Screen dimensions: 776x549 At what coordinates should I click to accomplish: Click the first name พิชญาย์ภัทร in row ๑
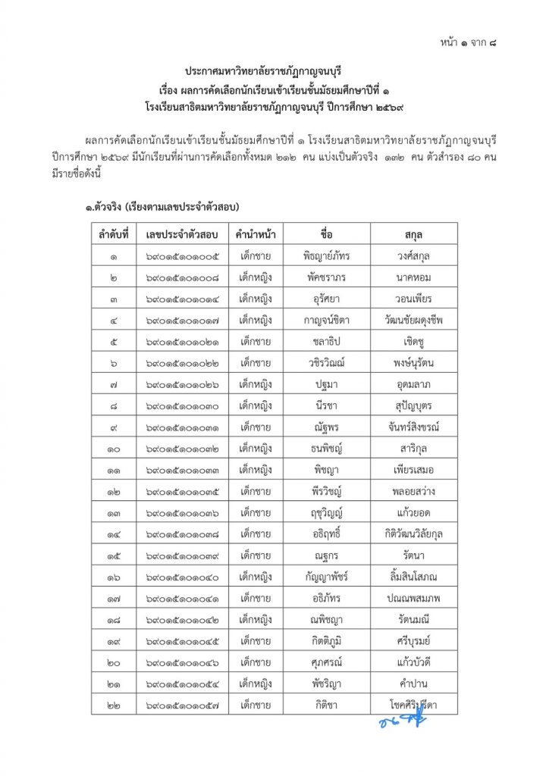327,255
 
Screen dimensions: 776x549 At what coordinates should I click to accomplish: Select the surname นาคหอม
414,277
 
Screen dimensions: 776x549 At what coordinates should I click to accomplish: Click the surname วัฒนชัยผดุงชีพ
414,320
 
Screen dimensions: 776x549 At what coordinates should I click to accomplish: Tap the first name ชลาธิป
327,342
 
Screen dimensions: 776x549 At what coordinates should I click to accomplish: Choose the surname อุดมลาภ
414,384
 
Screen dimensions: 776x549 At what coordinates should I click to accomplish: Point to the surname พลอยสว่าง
414,492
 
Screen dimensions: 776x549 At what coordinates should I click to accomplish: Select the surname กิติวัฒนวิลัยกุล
414,535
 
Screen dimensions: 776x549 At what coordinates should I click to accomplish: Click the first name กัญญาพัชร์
327,577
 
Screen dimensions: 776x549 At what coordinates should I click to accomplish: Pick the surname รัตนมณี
414,621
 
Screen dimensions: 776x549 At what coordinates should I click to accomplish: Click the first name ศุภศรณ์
327,663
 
